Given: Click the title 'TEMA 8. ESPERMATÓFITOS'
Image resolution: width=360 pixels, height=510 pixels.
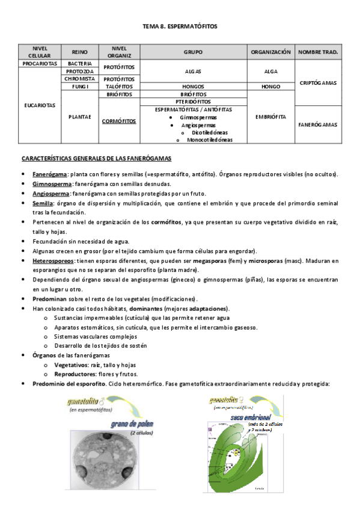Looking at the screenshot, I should click(x=180, y=27).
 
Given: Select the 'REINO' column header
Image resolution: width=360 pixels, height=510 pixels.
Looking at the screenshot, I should click(x=80, y=52).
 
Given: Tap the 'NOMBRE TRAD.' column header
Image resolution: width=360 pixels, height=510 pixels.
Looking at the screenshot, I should click(x=318, y=52).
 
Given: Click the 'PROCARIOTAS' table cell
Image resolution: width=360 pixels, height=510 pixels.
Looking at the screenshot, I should click(x=40, y=63).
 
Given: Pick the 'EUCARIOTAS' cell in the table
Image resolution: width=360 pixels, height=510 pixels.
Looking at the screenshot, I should click(x=40, y=105).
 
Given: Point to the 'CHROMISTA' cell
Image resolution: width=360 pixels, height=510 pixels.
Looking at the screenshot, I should click(x=80, y=79).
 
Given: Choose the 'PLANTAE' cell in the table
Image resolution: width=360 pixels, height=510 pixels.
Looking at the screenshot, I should click(x=80, y=117).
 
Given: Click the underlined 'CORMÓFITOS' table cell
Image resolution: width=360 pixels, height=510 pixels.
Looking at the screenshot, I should click(x=119, y=121).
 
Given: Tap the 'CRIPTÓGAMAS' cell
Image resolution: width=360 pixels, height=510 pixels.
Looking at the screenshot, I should click(x=318, y=82).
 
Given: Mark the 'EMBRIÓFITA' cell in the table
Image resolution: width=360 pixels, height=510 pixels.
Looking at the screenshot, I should click(x=271, y=117).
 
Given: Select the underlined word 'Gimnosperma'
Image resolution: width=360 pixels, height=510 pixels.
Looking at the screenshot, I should click(x=51, y=184).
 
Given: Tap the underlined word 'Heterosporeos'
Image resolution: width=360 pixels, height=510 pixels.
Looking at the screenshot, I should click(x=53, y=260).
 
